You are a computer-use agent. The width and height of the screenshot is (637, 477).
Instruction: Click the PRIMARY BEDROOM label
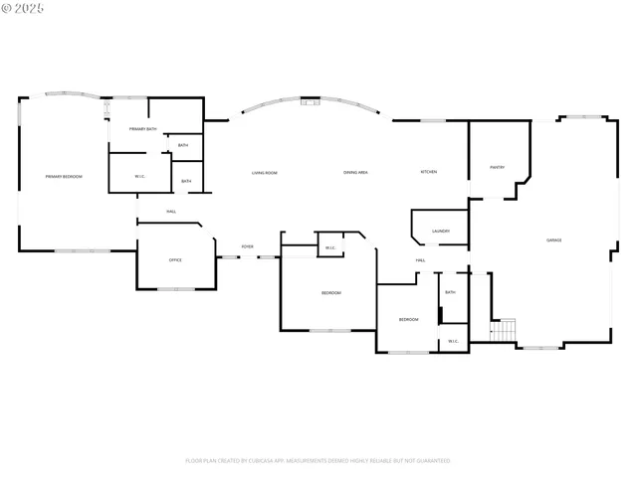tap(64, 177)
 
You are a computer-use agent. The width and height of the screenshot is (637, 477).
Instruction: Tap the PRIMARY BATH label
tap(143, 129)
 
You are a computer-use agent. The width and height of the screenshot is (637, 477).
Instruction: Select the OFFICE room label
tap(175, 260)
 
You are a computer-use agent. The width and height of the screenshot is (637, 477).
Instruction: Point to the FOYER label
tap(247, 246)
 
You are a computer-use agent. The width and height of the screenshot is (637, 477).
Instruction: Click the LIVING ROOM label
tap(264, 173)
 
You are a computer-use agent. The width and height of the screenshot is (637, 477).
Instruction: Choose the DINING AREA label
tap(356, 173)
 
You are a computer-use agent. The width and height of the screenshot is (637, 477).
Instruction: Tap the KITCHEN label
tap(428, 172)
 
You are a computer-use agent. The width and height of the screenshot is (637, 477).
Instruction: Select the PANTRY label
tap(497, 167)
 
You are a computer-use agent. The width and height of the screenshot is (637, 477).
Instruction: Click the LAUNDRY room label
tap(441, 232)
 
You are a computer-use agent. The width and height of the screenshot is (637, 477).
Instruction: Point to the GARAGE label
tap(553, 240)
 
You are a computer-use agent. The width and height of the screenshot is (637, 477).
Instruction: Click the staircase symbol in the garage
tap(506, 330)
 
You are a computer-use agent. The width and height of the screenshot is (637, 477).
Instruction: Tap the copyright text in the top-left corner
tap(25, 8)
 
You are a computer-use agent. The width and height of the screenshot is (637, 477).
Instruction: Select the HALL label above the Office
tap(171, 212)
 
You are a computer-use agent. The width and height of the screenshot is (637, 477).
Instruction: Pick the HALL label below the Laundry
tap(421, 260)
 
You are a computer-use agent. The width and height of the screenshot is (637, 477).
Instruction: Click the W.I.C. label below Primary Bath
tap(140, 177)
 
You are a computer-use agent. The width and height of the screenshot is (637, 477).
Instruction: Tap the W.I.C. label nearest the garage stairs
tap(453, 341)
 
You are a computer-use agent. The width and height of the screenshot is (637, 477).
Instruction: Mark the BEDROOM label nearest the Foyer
tap(330, 293)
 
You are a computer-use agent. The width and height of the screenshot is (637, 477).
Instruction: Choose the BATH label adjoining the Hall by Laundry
tap(450, 292)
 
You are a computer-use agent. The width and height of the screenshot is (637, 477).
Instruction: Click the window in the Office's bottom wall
tap(176, 289)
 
